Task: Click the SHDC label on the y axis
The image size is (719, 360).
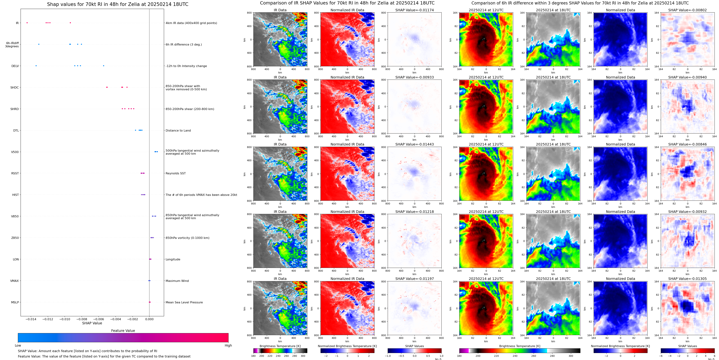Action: pyautogui.click(x=15, y=87)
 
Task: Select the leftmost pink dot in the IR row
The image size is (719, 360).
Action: pyautogui.click(x=27, y=23)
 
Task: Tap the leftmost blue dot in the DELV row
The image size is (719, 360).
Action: pyautogui.click(x=36, y=66)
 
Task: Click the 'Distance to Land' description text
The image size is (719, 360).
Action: pyautogui.click(x=178, y=130)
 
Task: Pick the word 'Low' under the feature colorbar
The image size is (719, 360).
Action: pyautogui.click(x=18, y=345)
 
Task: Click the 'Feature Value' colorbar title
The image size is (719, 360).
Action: pyautogui.click(x=123, y=331)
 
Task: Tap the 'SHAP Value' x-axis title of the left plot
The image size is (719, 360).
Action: pyautogui.click(x=92, y=323)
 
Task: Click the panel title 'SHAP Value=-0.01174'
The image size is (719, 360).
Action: pyautogui.click(x=415, y=10)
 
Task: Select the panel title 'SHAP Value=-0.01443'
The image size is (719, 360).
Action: pyautogui.click(x=415, y=144)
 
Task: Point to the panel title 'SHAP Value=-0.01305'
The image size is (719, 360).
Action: pyautogui.click(x=687, y=279)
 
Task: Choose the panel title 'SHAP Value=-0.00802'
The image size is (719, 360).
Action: pyautogui.click(x=687, y=10)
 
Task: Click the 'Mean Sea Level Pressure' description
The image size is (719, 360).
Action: pyautogui.click(x=184, y=302)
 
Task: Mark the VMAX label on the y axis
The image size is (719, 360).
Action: pyautogui.click(x=15, y=281)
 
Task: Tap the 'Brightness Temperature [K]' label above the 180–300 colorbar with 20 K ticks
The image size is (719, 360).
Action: pyautogui.click(x=280, y=346)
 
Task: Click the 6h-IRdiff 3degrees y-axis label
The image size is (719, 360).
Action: pyautogui.click(x=12, y=45)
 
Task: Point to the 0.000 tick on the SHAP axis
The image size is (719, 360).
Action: pyautogui.click(x=149, y=319)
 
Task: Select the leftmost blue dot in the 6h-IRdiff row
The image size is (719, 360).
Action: pyautogui.click(x=39, y=44)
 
